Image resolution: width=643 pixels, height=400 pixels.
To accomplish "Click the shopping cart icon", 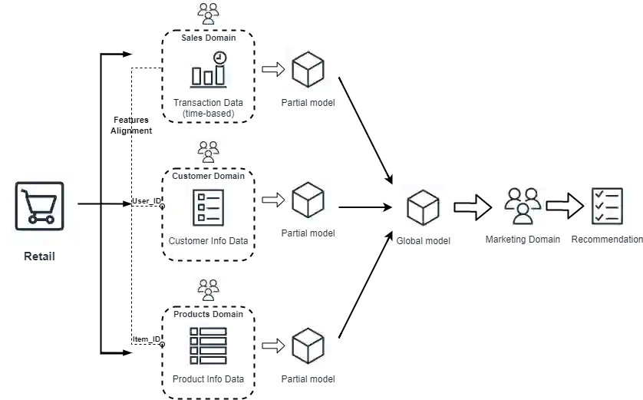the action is (40, 206).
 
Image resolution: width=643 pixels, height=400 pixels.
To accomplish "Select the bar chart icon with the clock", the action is (209, 69).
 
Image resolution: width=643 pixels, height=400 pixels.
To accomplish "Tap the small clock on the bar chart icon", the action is (220, 58).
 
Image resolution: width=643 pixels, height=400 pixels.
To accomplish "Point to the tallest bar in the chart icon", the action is (221, 74).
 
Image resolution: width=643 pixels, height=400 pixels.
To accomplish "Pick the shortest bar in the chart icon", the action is (197, 77).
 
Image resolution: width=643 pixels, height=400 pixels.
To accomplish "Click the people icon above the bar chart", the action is (208, 13).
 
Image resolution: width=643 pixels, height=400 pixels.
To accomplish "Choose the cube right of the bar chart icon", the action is (307, 70).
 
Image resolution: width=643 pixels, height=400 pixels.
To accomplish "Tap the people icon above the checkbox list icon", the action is (208, 151).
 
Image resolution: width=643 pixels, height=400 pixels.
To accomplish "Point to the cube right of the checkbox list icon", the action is (307, 200).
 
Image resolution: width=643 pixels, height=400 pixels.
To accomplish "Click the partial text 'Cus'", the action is (176, 240).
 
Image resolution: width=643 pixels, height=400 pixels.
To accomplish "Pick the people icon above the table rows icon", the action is (208, 290).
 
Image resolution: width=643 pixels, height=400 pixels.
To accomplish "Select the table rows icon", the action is (209, 345).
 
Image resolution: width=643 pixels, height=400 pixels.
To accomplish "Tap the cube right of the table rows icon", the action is (307, 346).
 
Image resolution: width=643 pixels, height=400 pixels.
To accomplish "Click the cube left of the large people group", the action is (423, 208).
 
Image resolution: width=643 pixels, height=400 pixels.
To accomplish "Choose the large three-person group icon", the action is (522, 205).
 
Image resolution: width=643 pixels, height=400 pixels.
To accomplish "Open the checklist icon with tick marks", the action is (608, 205).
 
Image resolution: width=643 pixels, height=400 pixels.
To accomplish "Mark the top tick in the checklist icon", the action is (599, 196).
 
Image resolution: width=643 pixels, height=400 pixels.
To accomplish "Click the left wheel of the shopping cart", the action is (31, 219).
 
